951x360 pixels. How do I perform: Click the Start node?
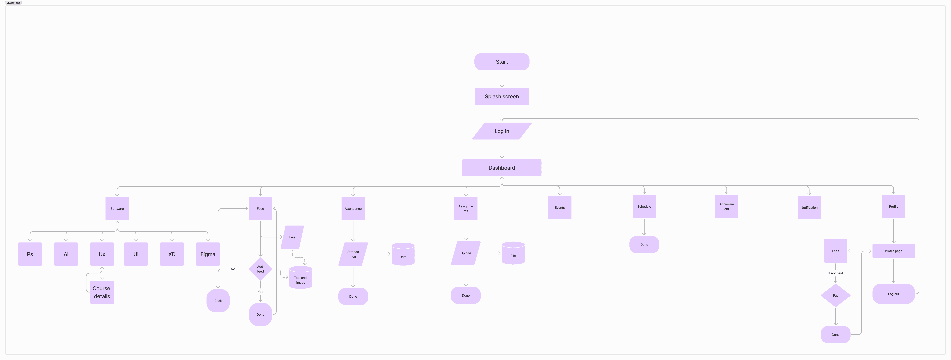(x=502, y=62)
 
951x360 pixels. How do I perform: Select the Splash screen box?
(x=502, y=96)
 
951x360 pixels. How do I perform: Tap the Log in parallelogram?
(x=502, y=131)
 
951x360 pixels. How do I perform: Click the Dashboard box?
(x=502, y=168)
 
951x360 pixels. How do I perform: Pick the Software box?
(x=117, y=209)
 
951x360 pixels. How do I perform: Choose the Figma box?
(x=207, y=254)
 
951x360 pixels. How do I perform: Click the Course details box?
(x=102, y=292)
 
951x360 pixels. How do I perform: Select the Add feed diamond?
(x=260, y=269)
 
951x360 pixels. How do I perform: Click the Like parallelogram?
(x=292, y=237)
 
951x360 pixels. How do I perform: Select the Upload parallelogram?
(x=466, y=253)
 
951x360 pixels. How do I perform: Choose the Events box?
(x=560, y=208)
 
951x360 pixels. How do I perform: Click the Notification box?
(x=809, y=208)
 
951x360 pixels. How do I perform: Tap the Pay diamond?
(x=835, y=295)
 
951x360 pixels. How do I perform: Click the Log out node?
(x=893, y=294)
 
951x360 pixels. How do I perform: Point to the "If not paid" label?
(x=835, y=273)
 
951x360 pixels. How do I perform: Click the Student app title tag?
(x=13, y=3)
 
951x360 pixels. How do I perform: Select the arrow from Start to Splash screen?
(x=502, y=79)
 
